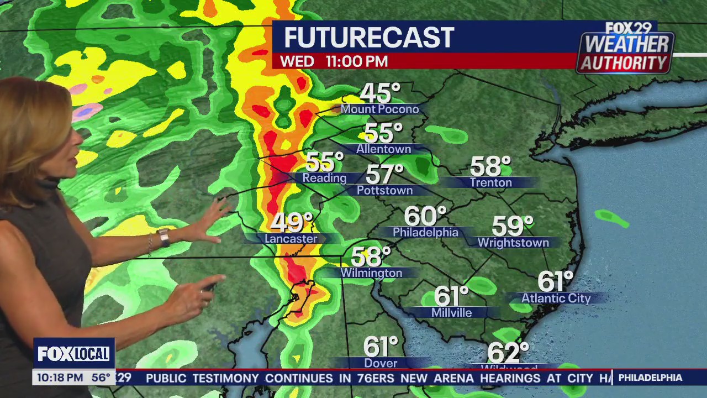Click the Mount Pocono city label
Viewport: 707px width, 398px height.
[x=379, y=109]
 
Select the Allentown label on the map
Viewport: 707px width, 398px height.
[x=383, y=149]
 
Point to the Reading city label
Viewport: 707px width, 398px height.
[x=324, y=178]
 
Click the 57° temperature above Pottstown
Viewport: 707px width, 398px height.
[x=384, y=175]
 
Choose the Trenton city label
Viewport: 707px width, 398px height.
[x=490, y=182]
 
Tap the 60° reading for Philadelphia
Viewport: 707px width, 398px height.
[x=425, y=216]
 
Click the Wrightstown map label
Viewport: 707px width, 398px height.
[x=513, y=243]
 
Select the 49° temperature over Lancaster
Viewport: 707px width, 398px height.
[x=291, y=222]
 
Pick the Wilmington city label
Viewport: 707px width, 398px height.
[x=371, y=273]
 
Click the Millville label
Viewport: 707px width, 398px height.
[x=451, y=313]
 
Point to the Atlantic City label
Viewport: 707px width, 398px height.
[x=556, y=298]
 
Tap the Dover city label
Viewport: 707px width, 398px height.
[x=381, y=363]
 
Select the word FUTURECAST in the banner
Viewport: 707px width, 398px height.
[x=368, y=38]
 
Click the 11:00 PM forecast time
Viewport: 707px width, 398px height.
[x=356, y=61]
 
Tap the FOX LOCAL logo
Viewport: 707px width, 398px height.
[x=73, y=354]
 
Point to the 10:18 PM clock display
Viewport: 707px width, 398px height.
[x=59, y=378]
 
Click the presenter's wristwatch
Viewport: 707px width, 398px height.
[x=163, y=237]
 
